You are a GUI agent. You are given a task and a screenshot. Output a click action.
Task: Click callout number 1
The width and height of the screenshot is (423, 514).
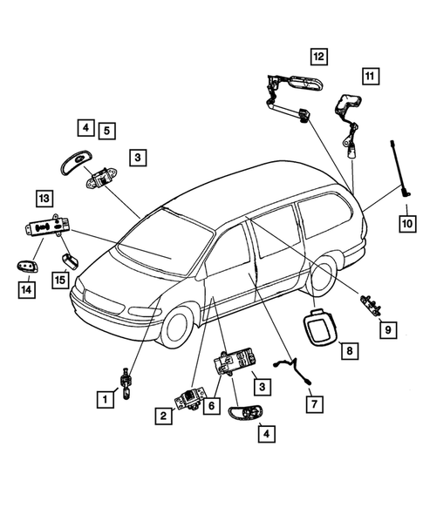point(103,400)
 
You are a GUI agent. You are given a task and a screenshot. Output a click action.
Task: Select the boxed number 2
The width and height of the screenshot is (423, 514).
point(163,416)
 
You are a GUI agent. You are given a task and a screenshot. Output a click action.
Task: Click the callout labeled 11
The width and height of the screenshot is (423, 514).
point(370,77)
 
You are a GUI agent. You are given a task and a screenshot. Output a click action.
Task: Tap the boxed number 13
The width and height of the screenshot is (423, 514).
point(44,197)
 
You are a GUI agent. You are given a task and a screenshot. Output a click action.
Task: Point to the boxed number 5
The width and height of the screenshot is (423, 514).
point(106,131)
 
